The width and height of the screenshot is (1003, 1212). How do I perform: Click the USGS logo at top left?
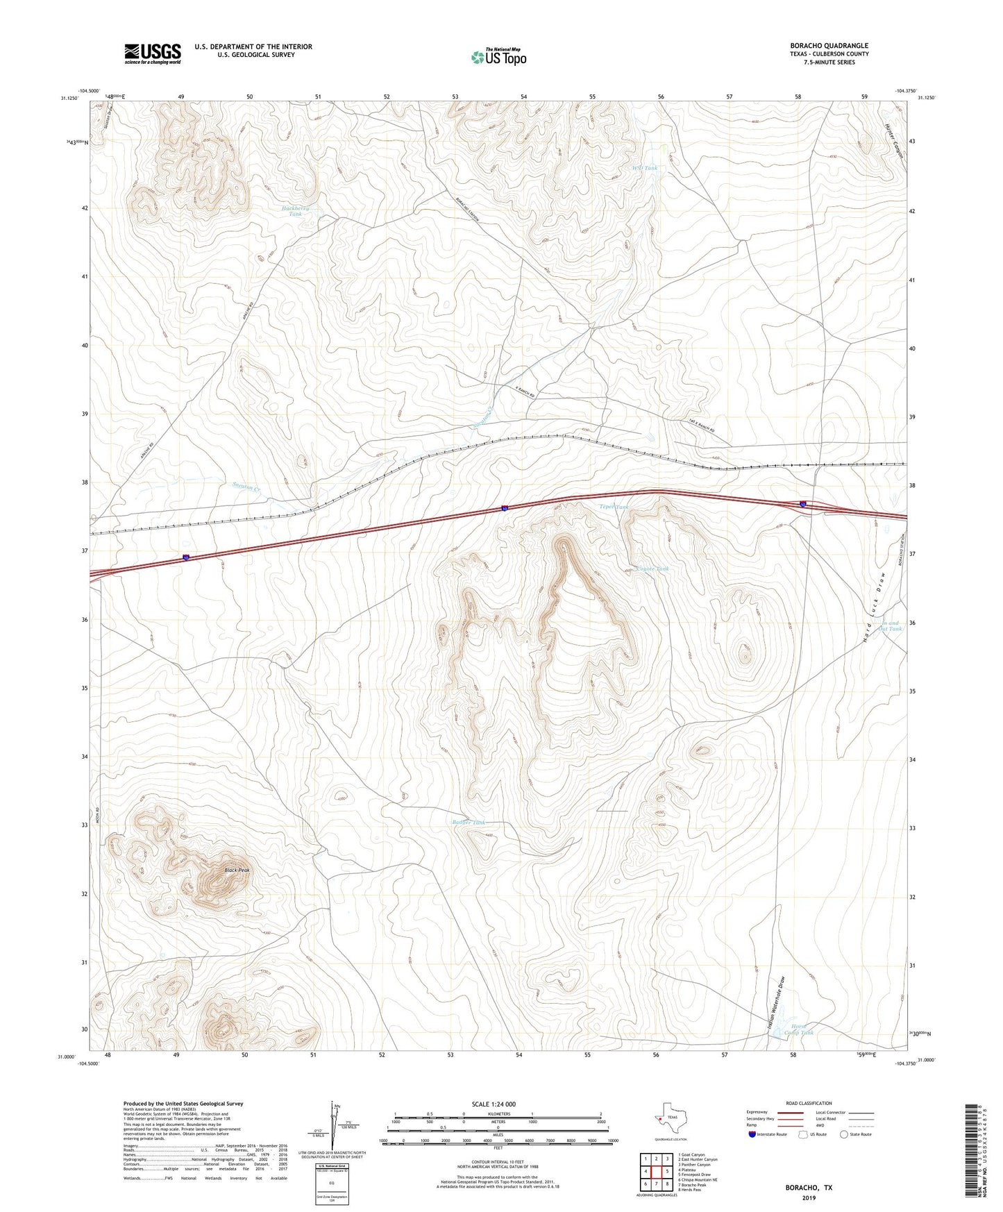click(x=153, y=53)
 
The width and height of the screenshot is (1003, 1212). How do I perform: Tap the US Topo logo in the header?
click(x=498, y=57)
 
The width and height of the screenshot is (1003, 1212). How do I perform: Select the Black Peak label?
click(x=237, y=870)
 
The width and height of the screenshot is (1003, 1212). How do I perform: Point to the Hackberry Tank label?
click(x=296, y=212)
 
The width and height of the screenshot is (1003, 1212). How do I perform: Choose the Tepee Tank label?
click(x=614, y=507)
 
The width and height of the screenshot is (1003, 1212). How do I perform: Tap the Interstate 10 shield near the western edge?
click(x=186, y=557)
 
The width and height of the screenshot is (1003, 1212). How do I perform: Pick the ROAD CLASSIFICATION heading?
click(x=809, y=1103)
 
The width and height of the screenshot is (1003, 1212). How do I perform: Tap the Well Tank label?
click(x=644, y=168)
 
